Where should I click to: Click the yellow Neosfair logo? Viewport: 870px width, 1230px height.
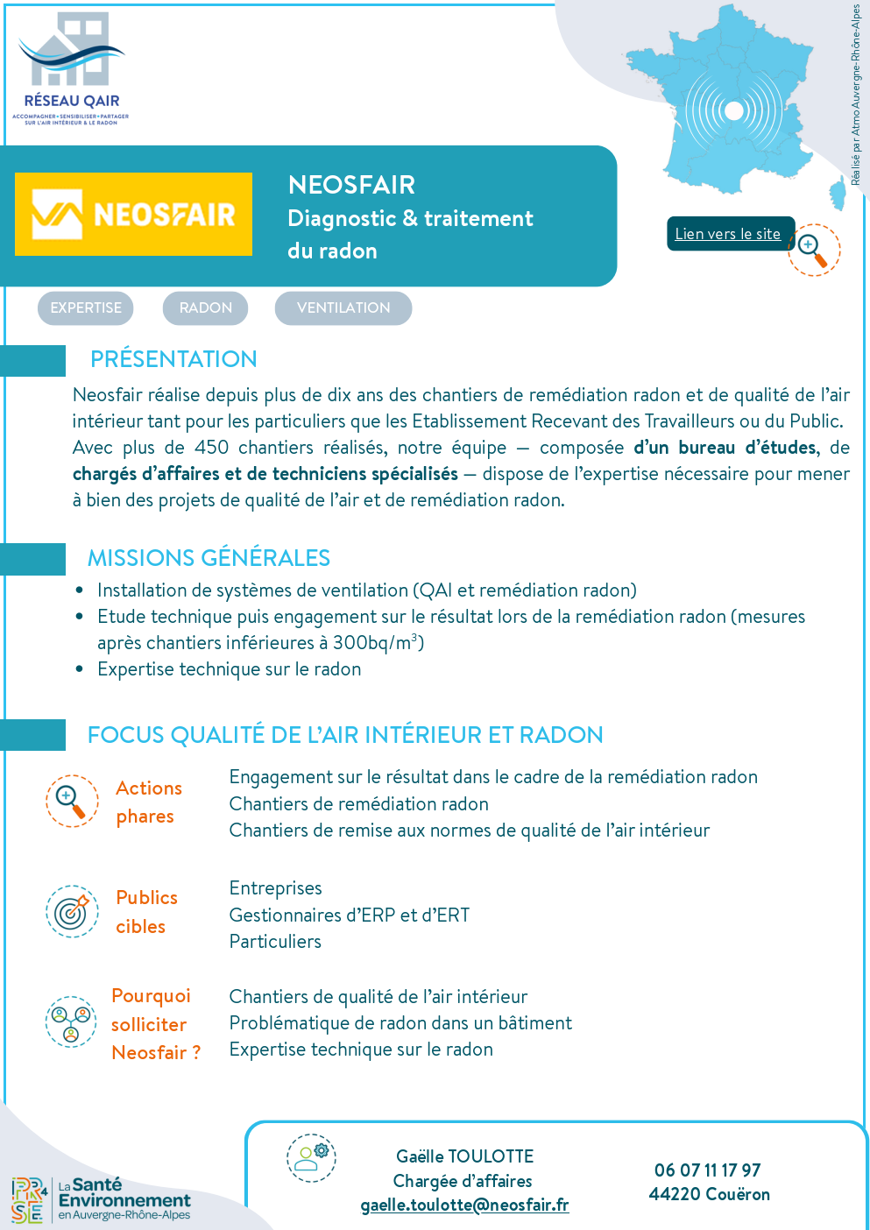click(134, 215)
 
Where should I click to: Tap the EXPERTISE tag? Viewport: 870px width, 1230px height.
click(86, 308)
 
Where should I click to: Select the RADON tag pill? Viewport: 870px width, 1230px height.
click(206, 308)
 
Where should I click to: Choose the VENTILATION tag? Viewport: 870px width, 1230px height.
click(343, 308)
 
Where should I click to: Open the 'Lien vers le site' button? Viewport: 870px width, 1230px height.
click(728, 234)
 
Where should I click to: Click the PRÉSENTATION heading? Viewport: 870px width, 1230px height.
click(173, 359)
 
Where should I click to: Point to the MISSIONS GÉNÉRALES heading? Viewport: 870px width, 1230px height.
click(209, 558)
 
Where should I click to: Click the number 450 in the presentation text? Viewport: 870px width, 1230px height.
click(211, 448)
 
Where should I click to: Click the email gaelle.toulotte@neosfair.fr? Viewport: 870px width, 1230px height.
click(464, 1205)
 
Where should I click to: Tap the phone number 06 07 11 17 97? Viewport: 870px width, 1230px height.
click(708, 1170)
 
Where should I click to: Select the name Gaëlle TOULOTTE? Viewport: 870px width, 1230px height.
click(464, 1156)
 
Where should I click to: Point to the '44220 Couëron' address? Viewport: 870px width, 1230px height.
click(710, 1194)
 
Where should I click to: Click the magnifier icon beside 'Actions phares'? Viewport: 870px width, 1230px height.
click(72, 801)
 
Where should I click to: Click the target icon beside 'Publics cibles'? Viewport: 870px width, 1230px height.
click(72, 911)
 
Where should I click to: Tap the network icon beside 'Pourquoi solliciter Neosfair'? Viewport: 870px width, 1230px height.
click(71, 1021)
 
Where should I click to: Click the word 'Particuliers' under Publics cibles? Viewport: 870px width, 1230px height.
click(275, 942)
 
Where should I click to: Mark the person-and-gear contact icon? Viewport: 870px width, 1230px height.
click(311, 1157)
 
